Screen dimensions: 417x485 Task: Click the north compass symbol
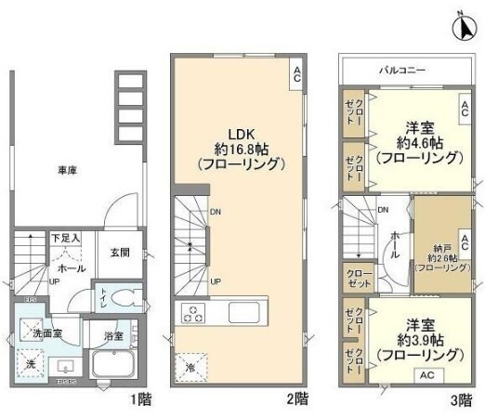[x=464, y=27]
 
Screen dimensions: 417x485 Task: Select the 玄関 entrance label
[x=120, y=252]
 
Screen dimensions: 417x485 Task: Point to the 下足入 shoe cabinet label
[x=65, y=239]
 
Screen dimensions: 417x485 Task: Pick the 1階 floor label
[x=140, y=400]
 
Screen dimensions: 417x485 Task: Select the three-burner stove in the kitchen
[x=196, y=313]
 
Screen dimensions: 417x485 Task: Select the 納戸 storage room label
[x=438, y=248]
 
